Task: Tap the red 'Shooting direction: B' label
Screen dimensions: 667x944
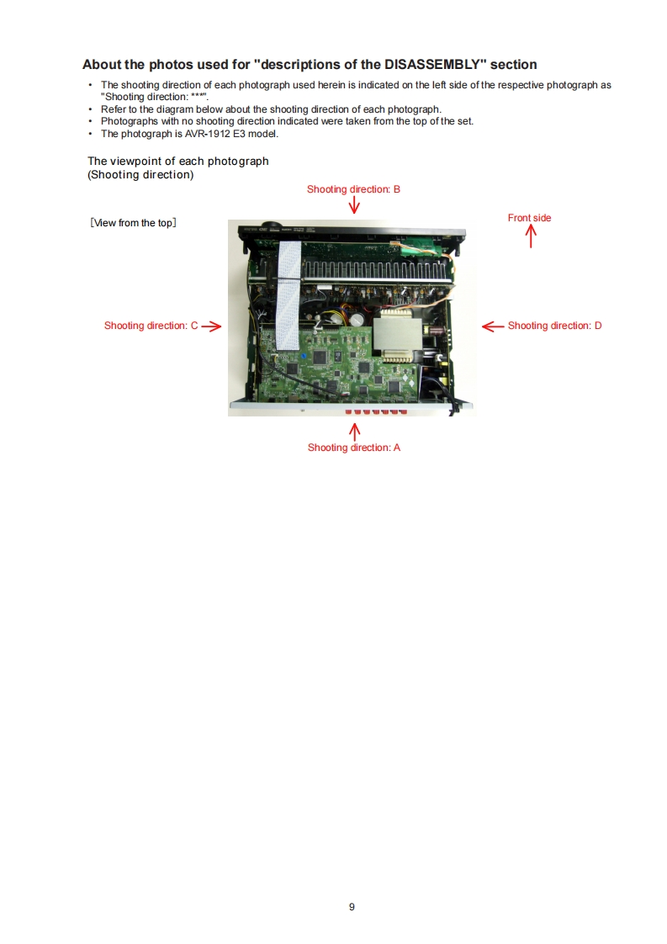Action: coord(353,189)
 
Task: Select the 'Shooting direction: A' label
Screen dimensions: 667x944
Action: coord(354,448)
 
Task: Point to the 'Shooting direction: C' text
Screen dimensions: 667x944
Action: coord(151,326)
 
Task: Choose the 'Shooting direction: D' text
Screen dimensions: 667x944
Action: coord(554,326)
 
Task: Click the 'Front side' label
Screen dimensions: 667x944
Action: coord(529,218)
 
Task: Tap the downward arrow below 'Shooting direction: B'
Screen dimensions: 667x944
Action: coord(354,205)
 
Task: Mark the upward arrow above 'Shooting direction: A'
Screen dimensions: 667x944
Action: coord(354,432)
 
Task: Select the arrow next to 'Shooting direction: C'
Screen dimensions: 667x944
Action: coord(211,326)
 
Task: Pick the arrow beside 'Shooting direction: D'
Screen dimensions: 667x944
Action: coord(492,326)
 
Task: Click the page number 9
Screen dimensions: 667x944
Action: coord(352,906)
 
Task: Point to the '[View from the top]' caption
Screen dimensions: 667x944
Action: coord(132,223)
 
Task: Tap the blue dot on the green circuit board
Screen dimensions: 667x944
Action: coord(303,356)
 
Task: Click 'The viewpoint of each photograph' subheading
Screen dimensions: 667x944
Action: coord(178,161)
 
